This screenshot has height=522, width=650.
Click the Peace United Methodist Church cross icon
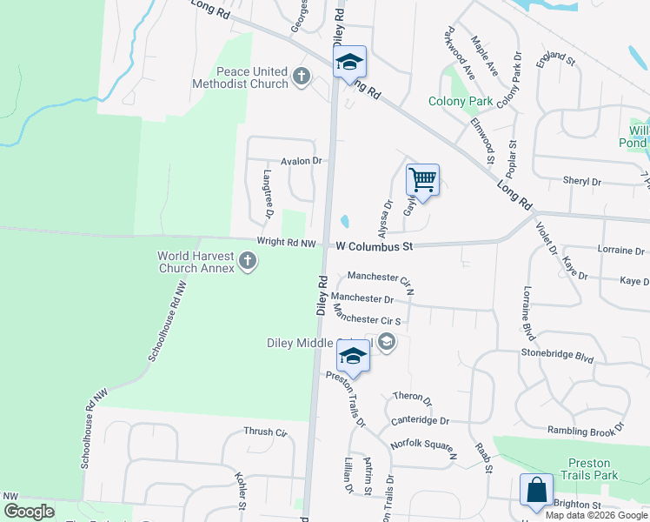point(302,76)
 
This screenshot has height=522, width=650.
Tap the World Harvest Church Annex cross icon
point(248,261)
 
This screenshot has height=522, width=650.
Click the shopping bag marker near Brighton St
point(536,489)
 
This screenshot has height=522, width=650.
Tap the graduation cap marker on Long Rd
point(349,62)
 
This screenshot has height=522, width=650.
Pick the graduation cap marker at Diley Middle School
point(353,356)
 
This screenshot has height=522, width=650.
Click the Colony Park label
point(461,102)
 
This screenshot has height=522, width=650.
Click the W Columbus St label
point(374,247)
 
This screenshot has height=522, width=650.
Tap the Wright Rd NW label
point(286,243)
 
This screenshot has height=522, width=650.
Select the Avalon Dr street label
point(301,161)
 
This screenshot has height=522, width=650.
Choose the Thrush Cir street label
point(265,432)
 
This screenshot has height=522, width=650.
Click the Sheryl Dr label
point(582,182)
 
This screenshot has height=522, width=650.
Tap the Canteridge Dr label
point(420,420)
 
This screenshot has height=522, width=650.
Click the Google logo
point(28,511)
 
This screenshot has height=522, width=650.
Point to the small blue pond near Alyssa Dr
point(347,221)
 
